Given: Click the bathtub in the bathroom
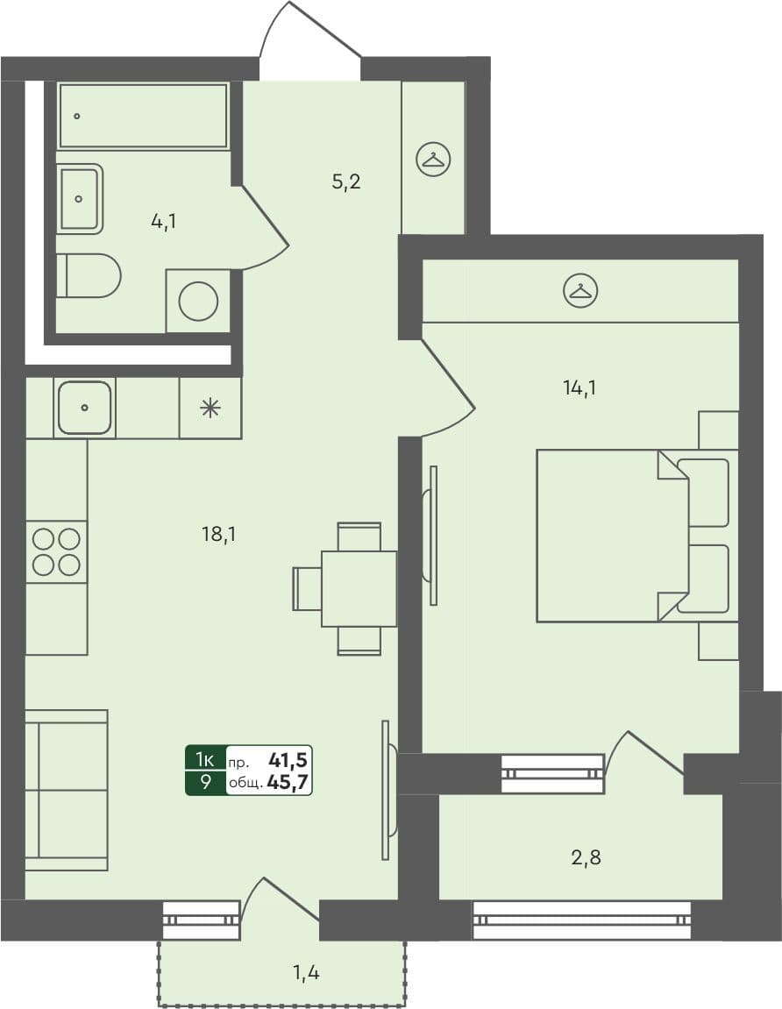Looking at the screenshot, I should [143, 116].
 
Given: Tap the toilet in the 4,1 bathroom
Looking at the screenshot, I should [90, 276].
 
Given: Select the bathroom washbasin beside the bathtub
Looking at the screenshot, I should [80, 199].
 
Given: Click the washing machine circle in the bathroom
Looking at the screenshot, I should [198, 302].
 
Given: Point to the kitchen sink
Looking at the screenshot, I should [85, 408].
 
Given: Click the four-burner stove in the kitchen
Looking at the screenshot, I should [56, 551].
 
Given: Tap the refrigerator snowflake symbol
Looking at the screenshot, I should [210, 408].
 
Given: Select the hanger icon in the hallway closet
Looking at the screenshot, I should [433, 160].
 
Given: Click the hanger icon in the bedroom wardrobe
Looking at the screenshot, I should [579, 291].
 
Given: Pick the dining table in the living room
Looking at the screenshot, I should [359, 588].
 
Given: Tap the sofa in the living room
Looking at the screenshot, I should [67, 790].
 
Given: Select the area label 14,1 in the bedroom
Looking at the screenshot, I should [579, 387].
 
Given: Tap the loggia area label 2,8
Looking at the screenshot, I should [585, 857].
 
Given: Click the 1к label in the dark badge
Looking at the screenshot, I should [205, 758].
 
